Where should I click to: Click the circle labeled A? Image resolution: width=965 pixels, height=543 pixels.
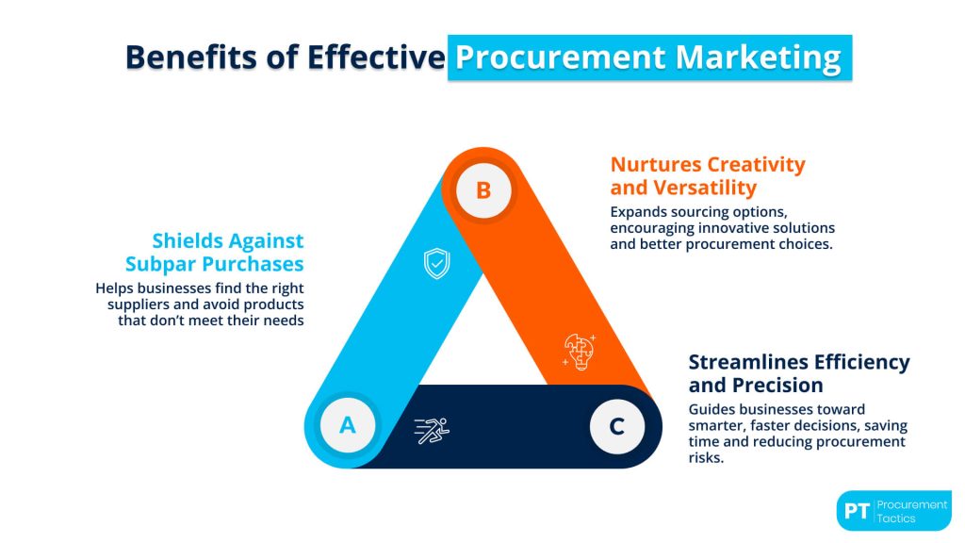[x=348, y=425]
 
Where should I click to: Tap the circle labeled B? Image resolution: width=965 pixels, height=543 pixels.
[x=482, y=190]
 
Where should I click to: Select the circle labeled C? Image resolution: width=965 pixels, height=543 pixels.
[x=617, y=426]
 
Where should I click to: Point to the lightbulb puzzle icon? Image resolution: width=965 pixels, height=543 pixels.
[x=578, y=350]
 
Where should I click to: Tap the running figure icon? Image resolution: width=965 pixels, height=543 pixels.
[x=433, y=431]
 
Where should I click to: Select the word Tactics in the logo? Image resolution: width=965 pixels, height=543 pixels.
[x=897, y=518]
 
